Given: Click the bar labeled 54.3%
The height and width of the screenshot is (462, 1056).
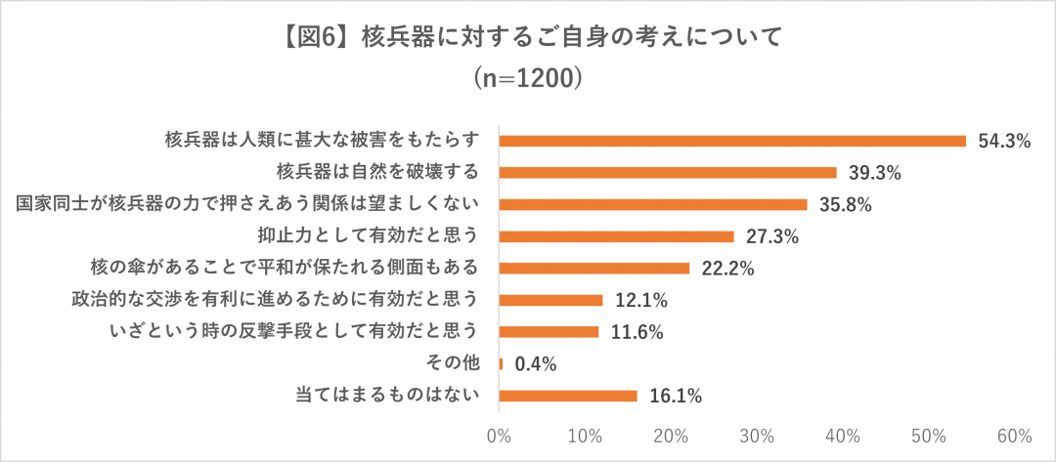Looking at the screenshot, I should (x=732, y=141).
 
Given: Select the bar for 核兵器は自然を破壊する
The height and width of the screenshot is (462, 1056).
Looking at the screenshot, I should (x=668, y=173).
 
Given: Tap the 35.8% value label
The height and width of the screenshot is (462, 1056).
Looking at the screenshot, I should (x=844, y=205).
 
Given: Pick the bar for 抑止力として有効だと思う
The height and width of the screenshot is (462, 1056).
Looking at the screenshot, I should (x=616, y=236).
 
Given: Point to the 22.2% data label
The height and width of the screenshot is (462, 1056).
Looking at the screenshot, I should (x=726, y=269).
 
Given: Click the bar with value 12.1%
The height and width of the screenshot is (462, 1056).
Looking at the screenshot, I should (x=551, y=300).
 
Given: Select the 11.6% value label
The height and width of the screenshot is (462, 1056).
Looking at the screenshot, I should (x=636, y=332).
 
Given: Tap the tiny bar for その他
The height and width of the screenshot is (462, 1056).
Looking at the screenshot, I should (x=501, y=364).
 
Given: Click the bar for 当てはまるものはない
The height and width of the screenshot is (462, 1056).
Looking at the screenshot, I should (x=568, y=396).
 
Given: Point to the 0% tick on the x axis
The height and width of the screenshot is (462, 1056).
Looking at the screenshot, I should (x=500, y=434).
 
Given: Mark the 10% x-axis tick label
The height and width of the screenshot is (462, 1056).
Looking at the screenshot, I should (x=585, y=434).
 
